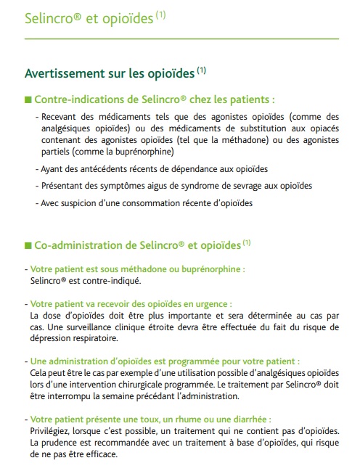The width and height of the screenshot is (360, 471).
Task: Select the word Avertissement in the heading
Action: pyautogui.click(x=67, y=73)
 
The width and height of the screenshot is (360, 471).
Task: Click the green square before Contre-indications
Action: pyautogui.click(x=28, y=99)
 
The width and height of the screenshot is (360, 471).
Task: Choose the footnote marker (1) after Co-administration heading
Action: pyautogui.click(x=247, y=241)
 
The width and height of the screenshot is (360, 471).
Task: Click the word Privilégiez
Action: pyautogui.click(x=53, y=432)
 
